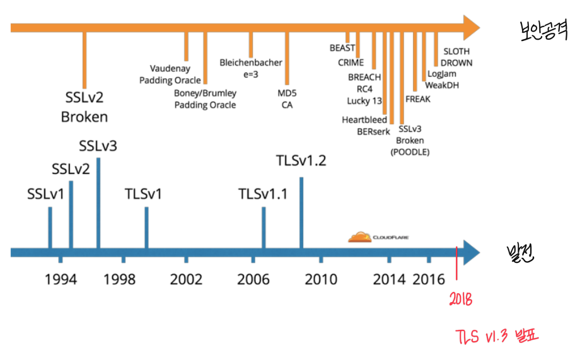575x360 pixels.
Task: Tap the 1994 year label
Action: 61,279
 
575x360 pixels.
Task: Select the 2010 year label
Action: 321,279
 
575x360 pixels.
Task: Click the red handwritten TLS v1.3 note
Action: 498,336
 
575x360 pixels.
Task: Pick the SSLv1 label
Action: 46,194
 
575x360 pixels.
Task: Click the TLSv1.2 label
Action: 301,161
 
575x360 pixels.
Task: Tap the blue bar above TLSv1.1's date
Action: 263,228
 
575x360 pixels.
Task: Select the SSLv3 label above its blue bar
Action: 98,146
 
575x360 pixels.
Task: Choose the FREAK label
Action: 418,99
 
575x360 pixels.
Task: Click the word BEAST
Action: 342,48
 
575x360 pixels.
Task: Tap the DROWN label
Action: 456,63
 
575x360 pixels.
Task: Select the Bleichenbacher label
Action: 251,62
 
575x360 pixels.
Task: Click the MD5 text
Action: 287,93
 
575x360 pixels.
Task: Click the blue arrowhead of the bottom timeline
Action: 470,252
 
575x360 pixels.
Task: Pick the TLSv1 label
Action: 144,194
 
